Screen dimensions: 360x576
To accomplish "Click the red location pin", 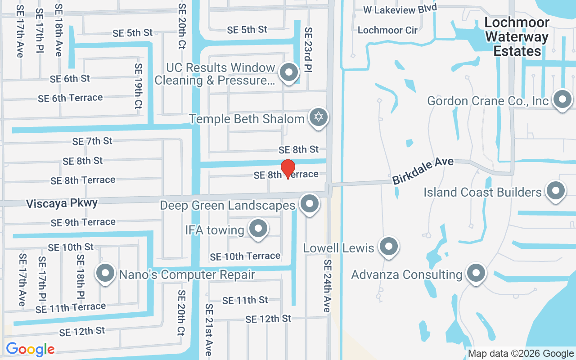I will click(x=288, y=169).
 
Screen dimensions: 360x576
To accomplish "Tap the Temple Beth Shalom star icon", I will click(x=319, y=117).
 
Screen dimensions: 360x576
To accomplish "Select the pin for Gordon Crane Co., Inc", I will click(x=562, y=100).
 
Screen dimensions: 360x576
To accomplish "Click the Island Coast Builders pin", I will click(x=555, y=191).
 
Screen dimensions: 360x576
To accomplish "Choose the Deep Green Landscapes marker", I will click(x=309, y=204).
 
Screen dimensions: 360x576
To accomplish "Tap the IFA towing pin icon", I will click(x=258, y=229).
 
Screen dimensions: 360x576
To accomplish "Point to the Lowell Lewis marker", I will click(x=388, y=247).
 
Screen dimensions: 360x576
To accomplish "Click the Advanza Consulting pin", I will click(x=475, y=273).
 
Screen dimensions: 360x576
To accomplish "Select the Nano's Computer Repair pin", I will click(x=105, y=273).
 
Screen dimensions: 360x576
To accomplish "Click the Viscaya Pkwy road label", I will click(x=62, y=203).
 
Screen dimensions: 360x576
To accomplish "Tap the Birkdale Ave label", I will click(x=423, y=171).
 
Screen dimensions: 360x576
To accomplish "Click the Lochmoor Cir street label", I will click(x=387, y=30).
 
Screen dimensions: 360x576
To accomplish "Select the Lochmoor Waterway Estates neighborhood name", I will click(x=517, y=37).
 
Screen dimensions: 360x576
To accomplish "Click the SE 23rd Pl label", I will click(x=308, y=49).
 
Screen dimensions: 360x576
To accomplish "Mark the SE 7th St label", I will click(x=92, y=141).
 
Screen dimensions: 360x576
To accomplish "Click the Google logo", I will click(x=30, y=349).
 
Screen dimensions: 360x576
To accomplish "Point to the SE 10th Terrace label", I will click(x=245, y=256).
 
